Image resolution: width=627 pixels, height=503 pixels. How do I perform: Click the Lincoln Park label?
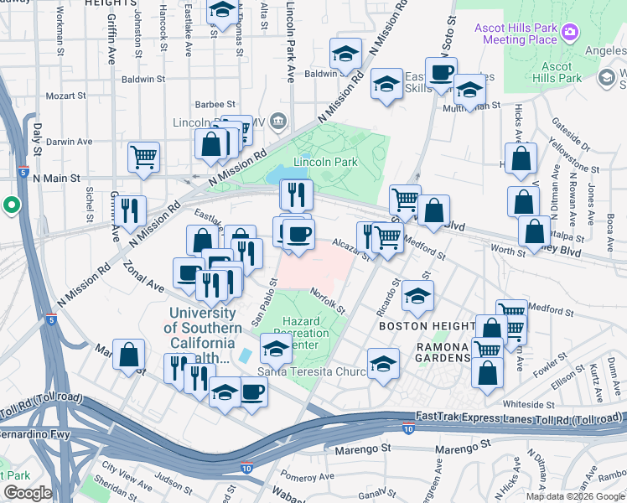(325, 162)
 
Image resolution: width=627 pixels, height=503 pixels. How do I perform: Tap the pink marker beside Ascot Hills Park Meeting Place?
(571, 33)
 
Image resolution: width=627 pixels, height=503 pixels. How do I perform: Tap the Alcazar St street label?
(350, 248)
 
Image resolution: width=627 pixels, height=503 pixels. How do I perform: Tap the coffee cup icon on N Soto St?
(441, 73)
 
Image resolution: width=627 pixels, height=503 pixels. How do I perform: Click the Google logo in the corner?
(27, 494)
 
